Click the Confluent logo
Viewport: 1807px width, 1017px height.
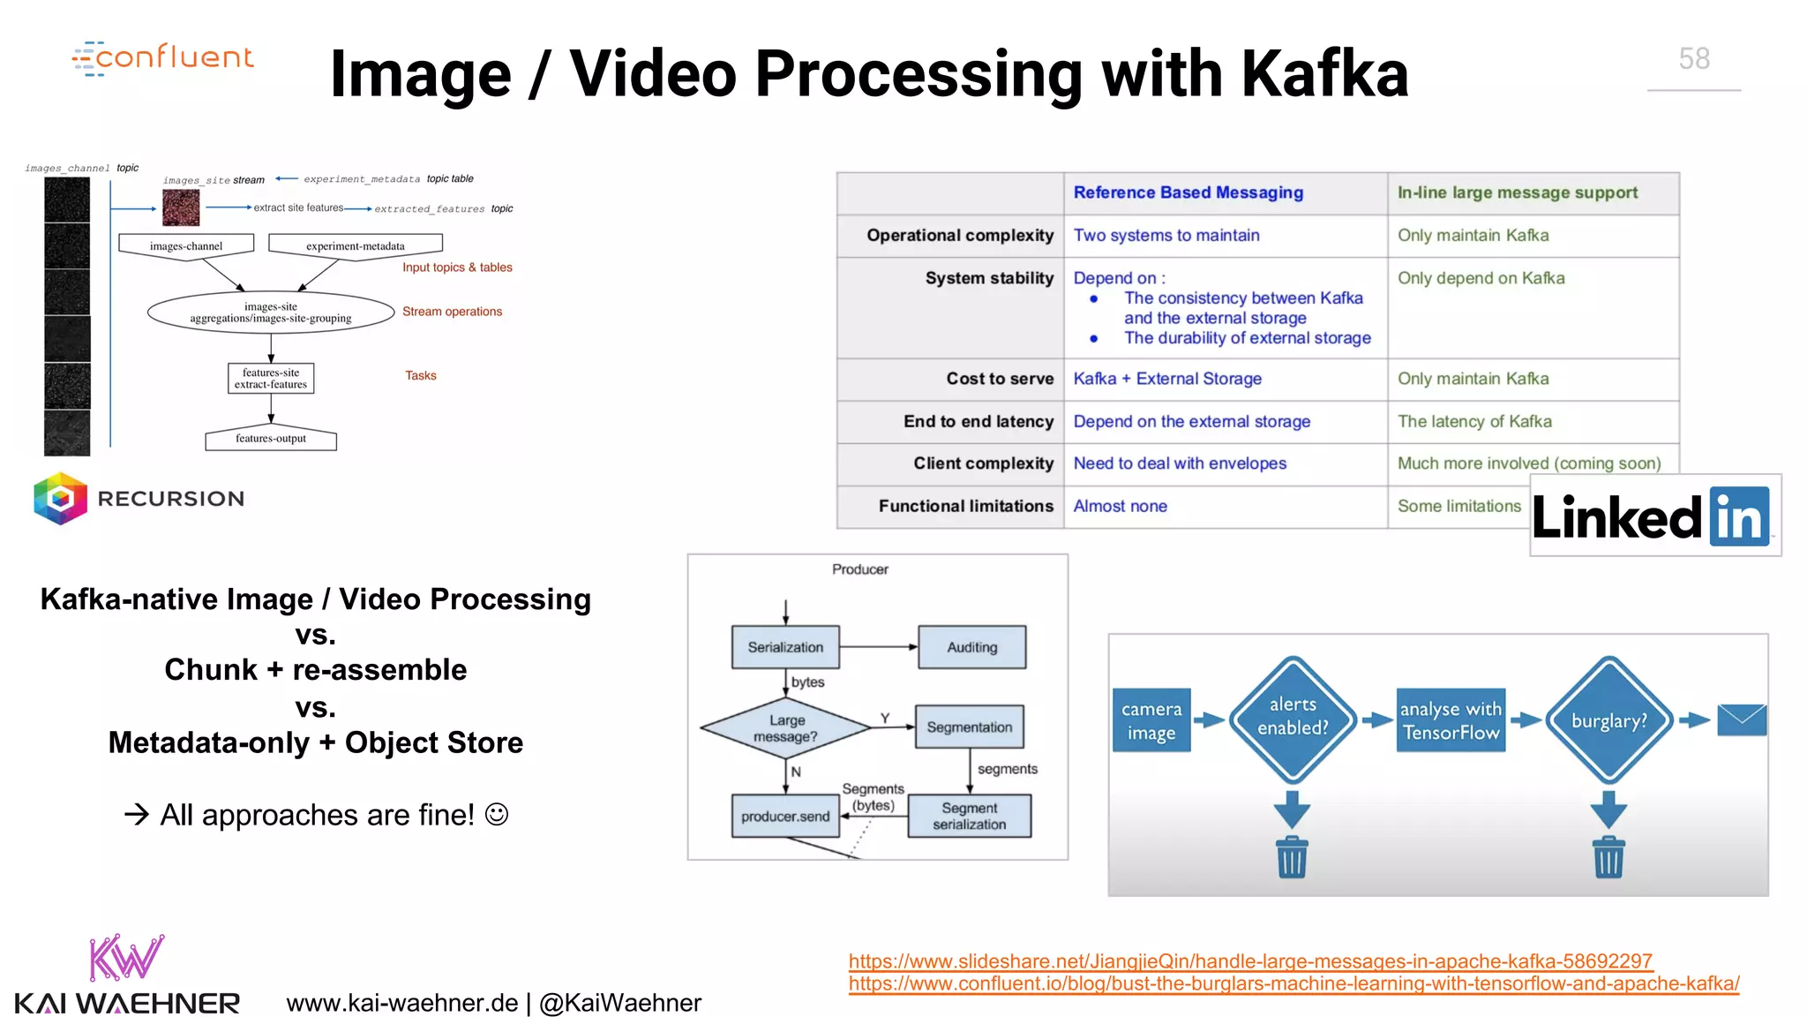tap(163, 57)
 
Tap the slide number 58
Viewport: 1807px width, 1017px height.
tap(1693, 59)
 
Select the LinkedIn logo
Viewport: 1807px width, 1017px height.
tap(1654, 516)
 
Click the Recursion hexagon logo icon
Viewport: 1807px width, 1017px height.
tap(60, 499)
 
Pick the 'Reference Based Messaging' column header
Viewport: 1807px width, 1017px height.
tap(1188, 192)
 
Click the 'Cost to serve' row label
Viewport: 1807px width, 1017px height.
tap(999, 379)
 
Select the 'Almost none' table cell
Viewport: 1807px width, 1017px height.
tap(1120, 506)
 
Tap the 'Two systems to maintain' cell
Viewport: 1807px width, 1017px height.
tap(1166, 236)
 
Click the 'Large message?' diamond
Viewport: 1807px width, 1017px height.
tap(785, 728)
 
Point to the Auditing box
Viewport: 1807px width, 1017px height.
tap(971, 647)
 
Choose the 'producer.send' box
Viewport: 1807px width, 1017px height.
tap(784, 817)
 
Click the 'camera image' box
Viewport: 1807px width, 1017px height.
tap(1151, 720)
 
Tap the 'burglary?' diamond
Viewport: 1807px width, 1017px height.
tap(1608, 720)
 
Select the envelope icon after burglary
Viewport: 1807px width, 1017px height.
tap(1741, 720)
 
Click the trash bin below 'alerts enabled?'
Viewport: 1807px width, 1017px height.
tap(1292, 856)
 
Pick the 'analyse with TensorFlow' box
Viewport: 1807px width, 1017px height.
tap(1450, 720)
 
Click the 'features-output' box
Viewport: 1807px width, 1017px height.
tap(270, 439)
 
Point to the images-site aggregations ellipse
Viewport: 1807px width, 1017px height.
tap(270, 313)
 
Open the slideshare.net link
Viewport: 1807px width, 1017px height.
tap(1249, 960)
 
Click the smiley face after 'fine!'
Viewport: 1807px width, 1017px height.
tap(497, 814)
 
